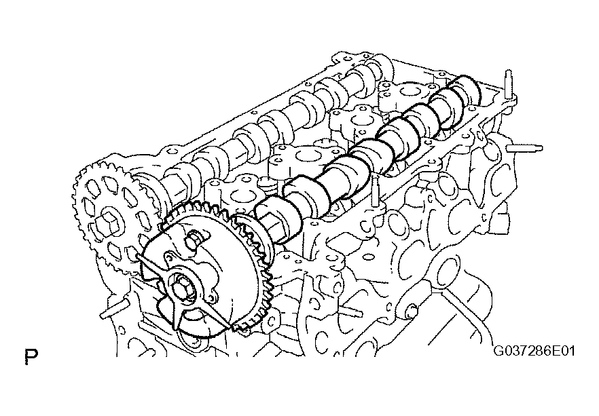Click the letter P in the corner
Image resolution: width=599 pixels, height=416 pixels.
point(31,356)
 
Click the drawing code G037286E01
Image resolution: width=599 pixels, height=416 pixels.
point(534,350)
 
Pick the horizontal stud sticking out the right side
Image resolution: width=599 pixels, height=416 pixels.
point(524,148)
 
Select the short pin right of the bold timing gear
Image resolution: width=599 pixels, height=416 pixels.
point(350,311)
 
